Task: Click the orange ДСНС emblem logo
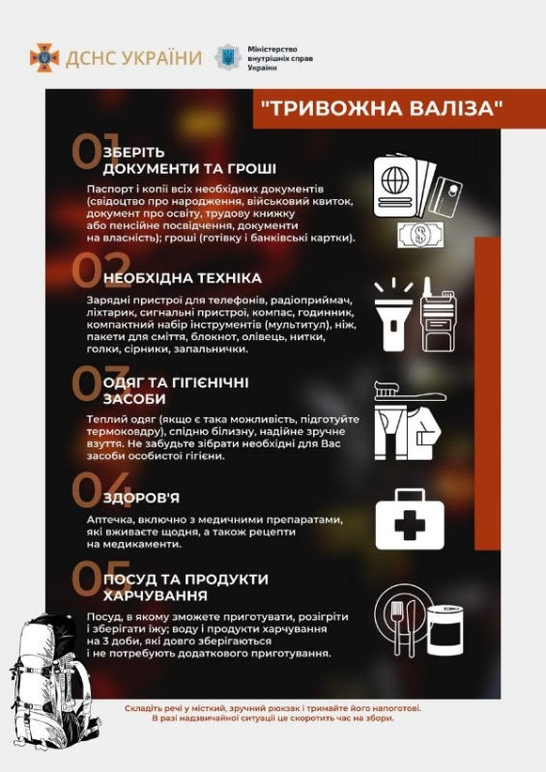point(43,56)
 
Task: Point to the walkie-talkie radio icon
point(442,314)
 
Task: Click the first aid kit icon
point(417,522)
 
